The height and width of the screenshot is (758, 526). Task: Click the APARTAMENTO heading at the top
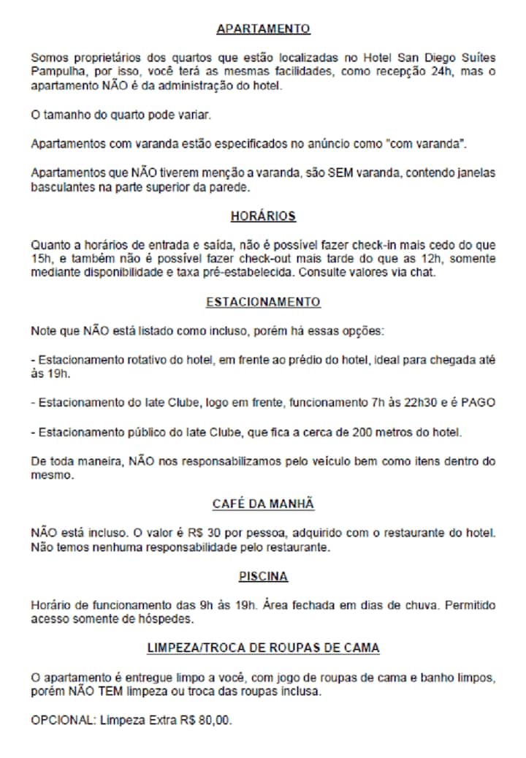[x=263, y=29]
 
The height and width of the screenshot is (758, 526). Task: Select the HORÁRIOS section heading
[x=263, y=216]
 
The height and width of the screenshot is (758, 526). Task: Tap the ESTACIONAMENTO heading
[x=263, y=302]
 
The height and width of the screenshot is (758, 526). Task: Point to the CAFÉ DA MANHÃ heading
[x=263, y=504]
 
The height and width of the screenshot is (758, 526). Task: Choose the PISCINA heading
[x=263, y=577]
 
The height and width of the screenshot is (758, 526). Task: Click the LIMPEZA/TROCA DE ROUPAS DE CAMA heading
[x=263, y=648]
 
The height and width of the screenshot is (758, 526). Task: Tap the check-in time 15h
[x=40, y=258]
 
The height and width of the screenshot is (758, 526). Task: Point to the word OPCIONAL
[x=61, y=720]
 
